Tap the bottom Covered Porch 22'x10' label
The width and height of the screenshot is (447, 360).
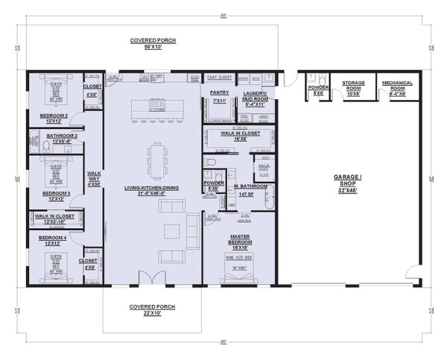tap(152, 310)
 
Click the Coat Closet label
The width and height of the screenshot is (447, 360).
tap(220, 77)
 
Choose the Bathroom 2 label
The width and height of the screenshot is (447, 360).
tap(56, 138)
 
